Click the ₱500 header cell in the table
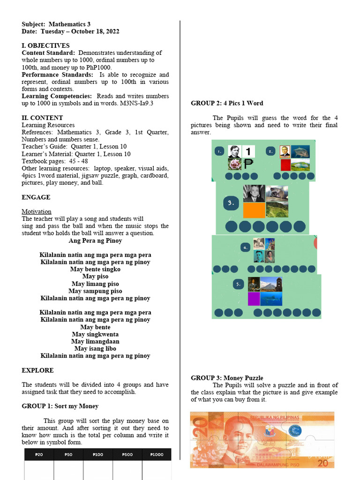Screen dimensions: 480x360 127,454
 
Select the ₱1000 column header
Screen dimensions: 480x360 157,454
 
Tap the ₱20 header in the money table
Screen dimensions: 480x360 39,454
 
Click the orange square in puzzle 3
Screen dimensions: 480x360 254,210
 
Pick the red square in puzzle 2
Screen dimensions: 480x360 285,165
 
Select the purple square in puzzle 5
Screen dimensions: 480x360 254,299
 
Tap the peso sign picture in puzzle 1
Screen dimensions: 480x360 248,164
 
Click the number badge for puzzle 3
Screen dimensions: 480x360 231,203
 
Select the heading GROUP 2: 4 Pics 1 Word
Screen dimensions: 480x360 227,103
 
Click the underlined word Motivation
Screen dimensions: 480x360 37,211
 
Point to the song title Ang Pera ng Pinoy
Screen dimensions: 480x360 95,240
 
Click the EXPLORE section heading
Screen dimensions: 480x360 37,370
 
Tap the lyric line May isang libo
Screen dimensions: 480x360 95,348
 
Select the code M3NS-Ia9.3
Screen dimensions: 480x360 134,103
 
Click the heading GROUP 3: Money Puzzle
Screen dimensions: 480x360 227,378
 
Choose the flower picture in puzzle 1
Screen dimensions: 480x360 234,164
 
